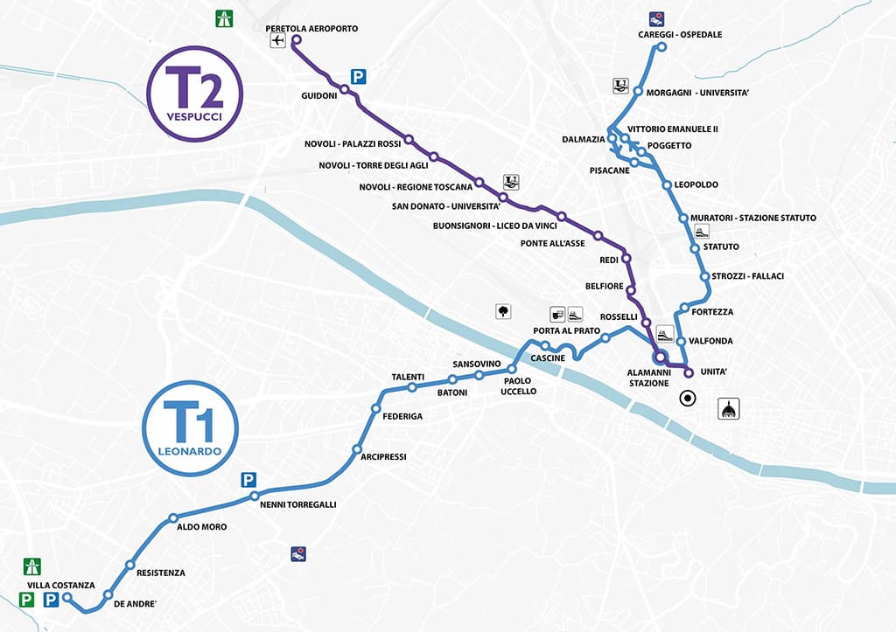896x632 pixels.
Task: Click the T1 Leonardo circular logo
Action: pyautogui.click(x=189, y=427)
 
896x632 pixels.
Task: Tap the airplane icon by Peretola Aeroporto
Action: pyautogui.click(x=279, y=41)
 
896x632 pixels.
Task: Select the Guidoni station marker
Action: pyautogui.click(x=345, y=89)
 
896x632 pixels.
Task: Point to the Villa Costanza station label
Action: pyautogui.click(x=59, y=585)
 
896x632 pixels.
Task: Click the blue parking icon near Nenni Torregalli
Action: pyautogui.click(x=249, y=480)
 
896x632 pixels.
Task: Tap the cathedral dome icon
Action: pyautogui.click(x=729, y=408)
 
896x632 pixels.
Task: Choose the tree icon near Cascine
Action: pyautogui.click(x=503, y=311)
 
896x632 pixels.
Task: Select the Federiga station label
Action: pyautogui.click(x=402, y=416)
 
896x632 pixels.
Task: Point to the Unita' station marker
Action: pyautogui.click(x=689, y=373)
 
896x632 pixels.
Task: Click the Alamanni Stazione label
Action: pyautogui.click(x=648, y=378)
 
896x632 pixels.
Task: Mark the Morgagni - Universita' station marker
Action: pyautogui.click(x=639, y=92)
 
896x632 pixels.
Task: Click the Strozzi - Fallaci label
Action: pyautogui.click(x=748, y=276)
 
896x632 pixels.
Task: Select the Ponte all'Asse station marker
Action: pyautogui.click(x=598, y=235)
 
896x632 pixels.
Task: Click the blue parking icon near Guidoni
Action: pyautogui.click(x=358, y=76)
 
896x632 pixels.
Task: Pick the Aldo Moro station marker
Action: pyautogui.click(x=169, y=521)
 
